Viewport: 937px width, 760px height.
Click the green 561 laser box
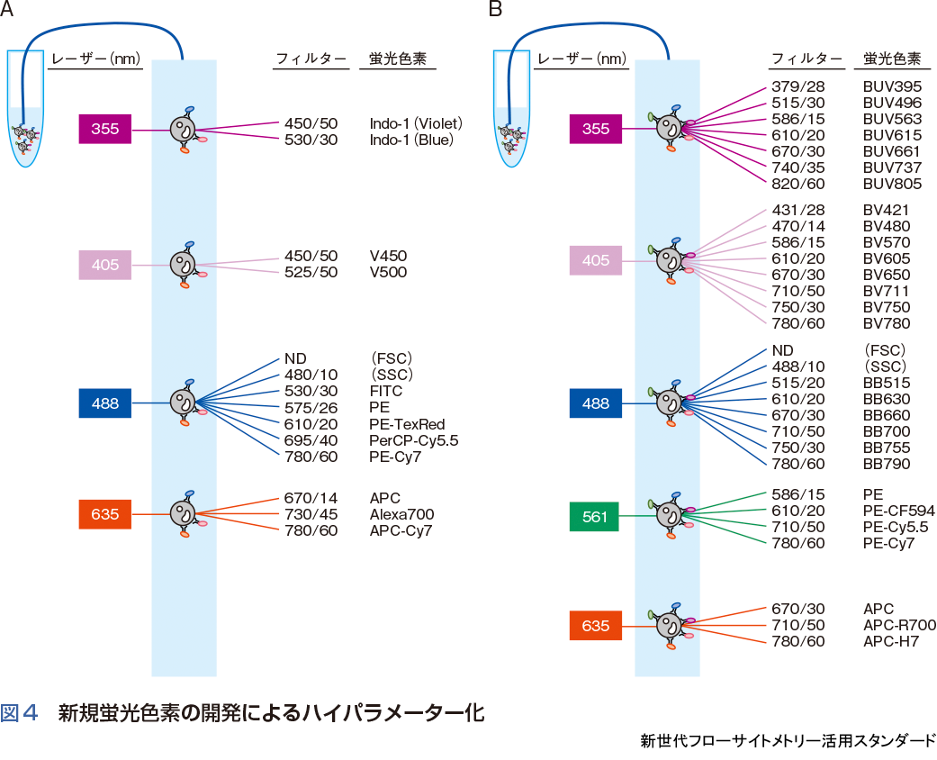coord(594,517)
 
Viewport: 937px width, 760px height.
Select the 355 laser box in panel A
coord(104,129)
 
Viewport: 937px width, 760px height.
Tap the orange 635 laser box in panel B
coord(594,626)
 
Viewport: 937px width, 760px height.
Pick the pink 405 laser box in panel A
coord(104,265)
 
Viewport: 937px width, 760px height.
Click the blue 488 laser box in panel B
coord(594,403)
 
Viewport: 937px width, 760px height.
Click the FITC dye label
coord(385,392)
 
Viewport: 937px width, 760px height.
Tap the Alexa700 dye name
coord(401,514)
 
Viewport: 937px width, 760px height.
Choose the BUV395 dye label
coord(892,86)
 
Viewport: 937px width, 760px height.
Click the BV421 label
coord(886,210)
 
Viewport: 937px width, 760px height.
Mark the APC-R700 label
coord(899,625)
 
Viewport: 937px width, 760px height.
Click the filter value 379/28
coord(797,86)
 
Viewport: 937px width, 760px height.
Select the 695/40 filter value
coord(311,440)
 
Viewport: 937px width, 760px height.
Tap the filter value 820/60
coord(797,184)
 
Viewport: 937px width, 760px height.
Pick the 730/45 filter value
coord(311,514)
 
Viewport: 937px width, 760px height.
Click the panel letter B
coord(494,10)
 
